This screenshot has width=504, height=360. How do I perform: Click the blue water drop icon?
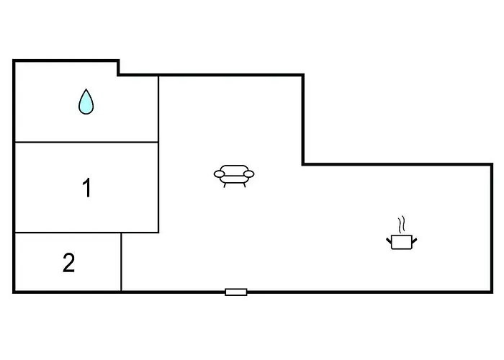[x=86, y=102]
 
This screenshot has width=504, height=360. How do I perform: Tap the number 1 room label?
[x=87, y=187]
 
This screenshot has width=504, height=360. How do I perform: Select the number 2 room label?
[x=69, y=263]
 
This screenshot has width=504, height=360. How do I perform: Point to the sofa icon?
[x=234, y=176]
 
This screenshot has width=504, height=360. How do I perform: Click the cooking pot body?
[x=402, y=242]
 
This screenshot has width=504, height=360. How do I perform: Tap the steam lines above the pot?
[x=401, y=225]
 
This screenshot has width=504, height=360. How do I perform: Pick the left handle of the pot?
[x=389, y=240]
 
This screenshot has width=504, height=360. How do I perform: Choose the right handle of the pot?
[x=414, y=240]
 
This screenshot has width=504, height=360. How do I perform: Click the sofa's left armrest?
[x=219, y=174]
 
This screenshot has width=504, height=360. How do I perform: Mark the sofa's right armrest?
[x=249, y=174]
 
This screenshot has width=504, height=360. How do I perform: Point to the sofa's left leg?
[x=225, y=185]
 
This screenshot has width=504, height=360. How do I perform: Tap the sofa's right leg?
[x=244, y=185]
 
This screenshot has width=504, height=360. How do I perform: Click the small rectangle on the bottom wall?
[x=236, y=292]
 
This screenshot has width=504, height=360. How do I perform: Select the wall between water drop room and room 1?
[x=87, y=142]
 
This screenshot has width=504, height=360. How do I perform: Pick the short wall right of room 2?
[x=121, y=261]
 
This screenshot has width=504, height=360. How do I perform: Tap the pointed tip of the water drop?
[x=86, y=89]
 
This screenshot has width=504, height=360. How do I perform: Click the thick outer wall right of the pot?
[x=492, y=228]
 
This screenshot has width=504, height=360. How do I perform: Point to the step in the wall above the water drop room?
[x=118, y=68]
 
